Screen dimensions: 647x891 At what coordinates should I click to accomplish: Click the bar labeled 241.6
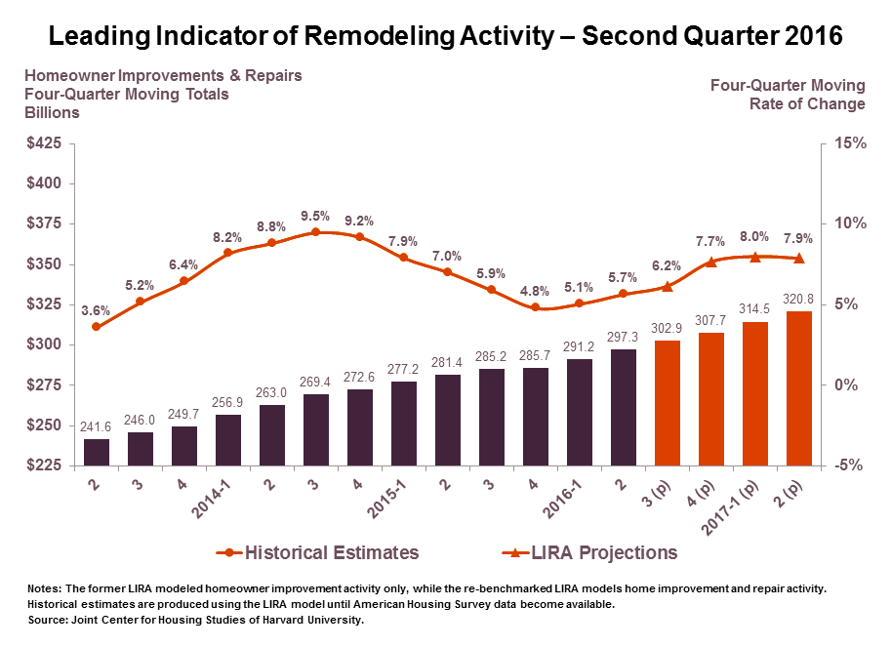tap(97, 452)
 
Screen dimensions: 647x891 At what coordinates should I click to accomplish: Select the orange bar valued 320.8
tap(799, 388)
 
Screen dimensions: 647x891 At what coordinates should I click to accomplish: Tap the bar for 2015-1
tap(404, 423)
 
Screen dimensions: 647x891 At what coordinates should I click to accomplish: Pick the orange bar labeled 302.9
tap(668, 402)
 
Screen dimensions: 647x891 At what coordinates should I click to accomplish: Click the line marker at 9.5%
tap(316, 232)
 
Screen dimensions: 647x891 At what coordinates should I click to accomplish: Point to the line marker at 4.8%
tap(536, 307)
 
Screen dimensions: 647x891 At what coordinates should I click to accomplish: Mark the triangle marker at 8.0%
tap(755, 257)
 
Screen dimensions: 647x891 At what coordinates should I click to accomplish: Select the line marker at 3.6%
tap(97, 326)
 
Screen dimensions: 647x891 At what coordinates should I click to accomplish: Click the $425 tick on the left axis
tap(43, 143)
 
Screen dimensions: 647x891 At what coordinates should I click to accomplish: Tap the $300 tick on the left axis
tap(43, 344)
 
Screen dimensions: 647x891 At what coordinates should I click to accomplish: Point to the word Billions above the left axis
tap(52, 112)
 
